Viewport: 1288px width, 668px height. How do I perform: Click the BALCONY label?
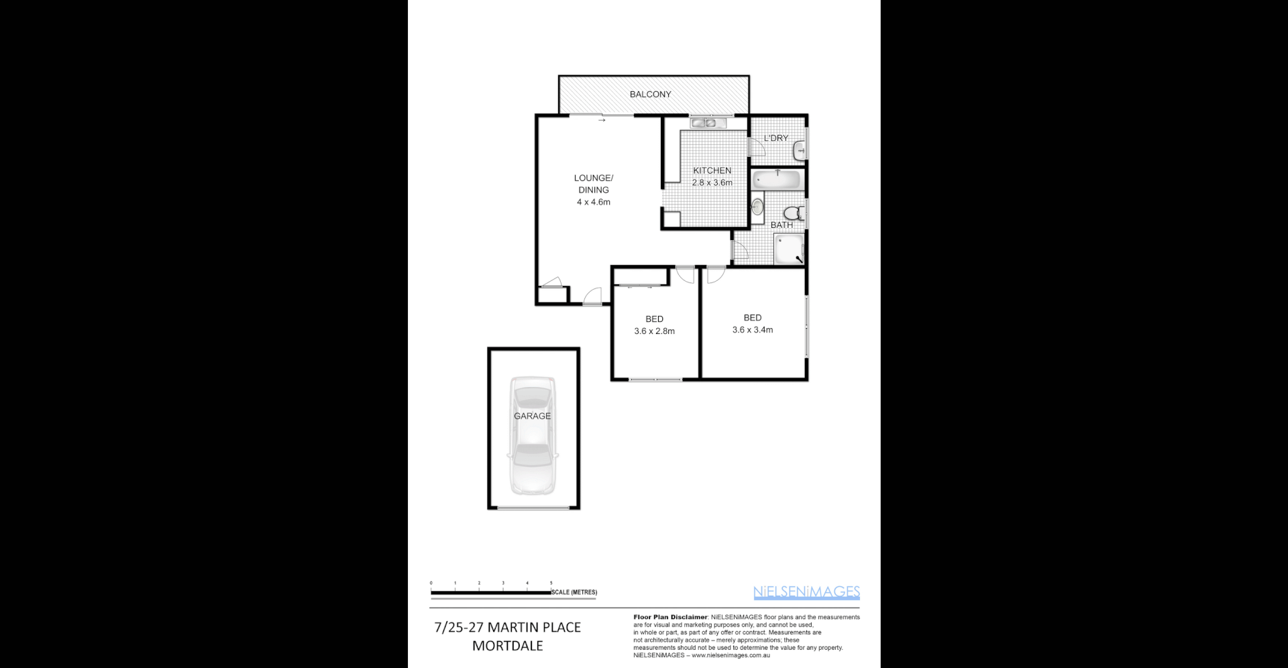pos(650,95)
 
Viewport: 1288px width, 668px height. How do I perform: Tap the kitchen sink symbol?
pos(705,123)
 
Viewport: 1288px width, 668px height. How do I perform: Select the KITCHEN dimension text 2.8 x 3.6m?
pos(712,182)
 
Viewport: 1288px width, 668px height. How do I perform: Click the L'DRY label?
pos(775,138)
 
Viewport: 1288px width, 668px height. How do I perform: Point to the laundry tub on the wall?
pos(800,150)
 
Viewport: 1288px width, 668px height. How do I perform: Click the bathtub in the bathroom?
pos(776,180)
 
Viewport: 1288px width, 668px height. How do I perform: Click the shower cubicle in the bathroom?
pos(789,249)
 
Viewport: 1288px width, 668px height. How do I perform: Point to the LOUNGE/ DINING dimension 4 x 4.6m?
pos(593,202)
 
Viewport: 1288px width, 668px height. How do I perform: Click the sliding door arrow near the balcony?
pos(602,121)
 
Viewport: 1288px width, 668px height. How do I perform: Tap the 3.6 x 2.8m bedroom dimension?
pos(654,331)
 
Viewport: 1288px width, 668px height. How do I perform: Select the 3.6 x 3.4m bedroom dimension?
pos(752,330)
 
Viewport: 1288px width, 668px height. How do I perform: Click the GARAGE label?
pos(532,416)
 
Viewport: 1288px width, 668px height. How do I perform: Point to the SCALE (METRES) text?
pos(574,592)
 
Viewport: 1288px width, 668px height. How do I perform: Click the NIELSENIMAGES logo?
pos(806,592)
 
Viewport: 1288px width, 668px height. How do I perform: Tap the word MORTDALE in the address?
pos(507,646)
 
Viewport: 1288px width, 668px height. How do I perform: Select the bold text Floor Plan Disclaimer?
pos(670,617)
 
